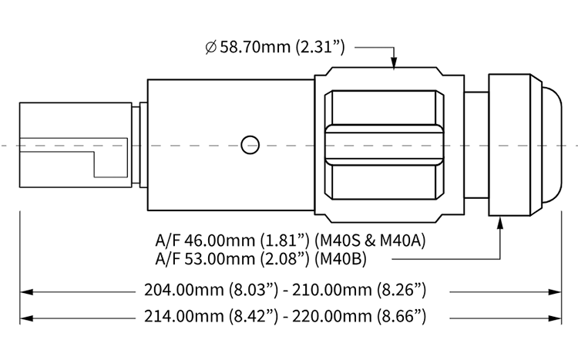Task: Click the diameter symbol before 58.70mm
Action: [x=210, y=48]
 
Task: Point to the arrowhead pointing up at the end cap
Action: [x=500, y=223]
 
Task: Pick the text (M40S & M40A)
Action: [x=370, y=241]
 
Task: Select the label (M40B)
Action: [x=341, y=259]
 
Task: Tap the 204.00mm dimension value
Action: [x=184, y=290]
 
